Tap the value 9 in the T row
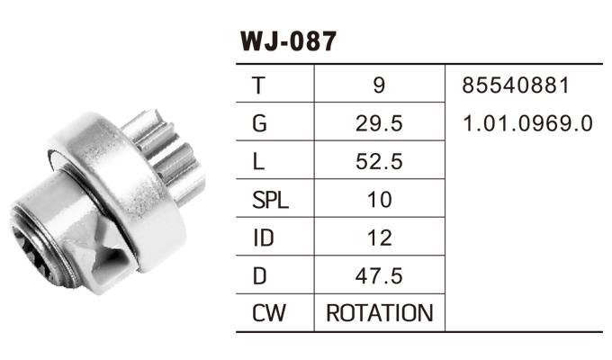[x=379, y=85]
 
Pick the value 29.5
[x=379, y=123]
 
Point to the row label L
[x=259, y=162]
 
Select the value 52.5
[x=379, y=162]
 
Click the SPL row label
[x=270, y=200]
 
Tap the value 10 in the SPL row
[x=379, y=200]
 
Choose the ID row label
[x=263, y=238]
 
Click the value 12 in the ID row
[x=379, y=238]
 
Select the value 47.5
[x=379, y=275]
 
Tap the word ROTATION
[x=379, y=313]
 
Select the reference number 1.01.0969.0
[x=527, y=123]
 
